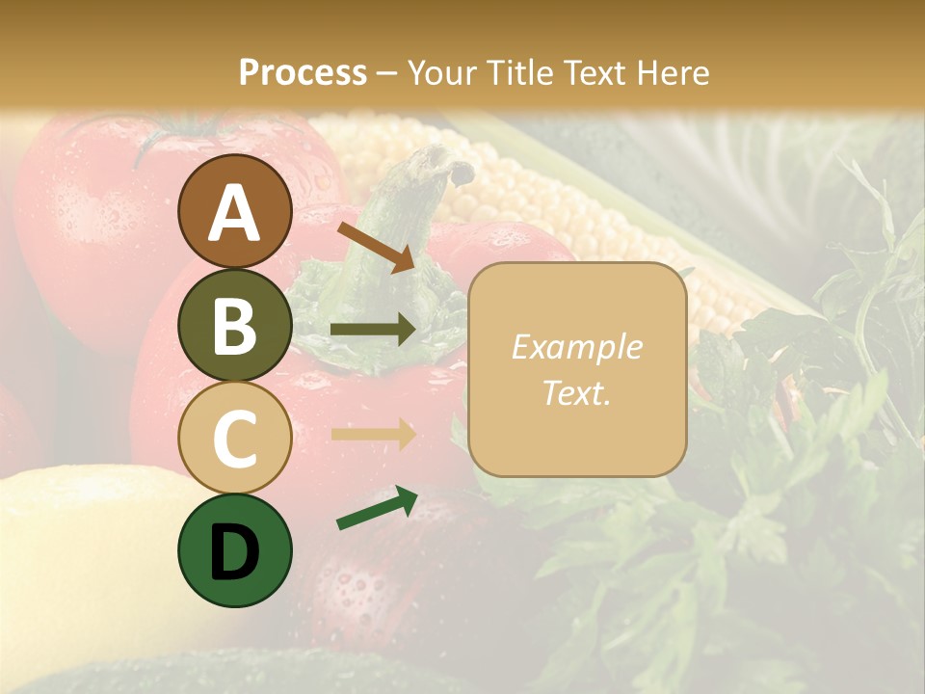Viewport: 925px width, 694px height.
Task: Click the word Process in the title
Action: [x=303, y=73]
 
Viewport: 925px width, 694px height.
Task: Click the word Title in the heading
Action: [x=520, y=73]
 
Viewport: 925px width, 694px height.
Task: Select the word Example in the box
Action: [x=576, y=347]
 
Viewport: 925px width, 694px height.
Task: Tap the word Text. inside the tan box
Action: [x=576, y=392]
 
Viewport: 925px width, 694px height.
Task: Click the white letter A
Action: [x=234, y=212]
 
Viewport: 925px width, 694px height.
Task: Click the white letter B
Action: [x=234, y=326]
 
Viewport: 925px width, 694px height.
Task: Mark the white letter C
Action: [x=234, y=439]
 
